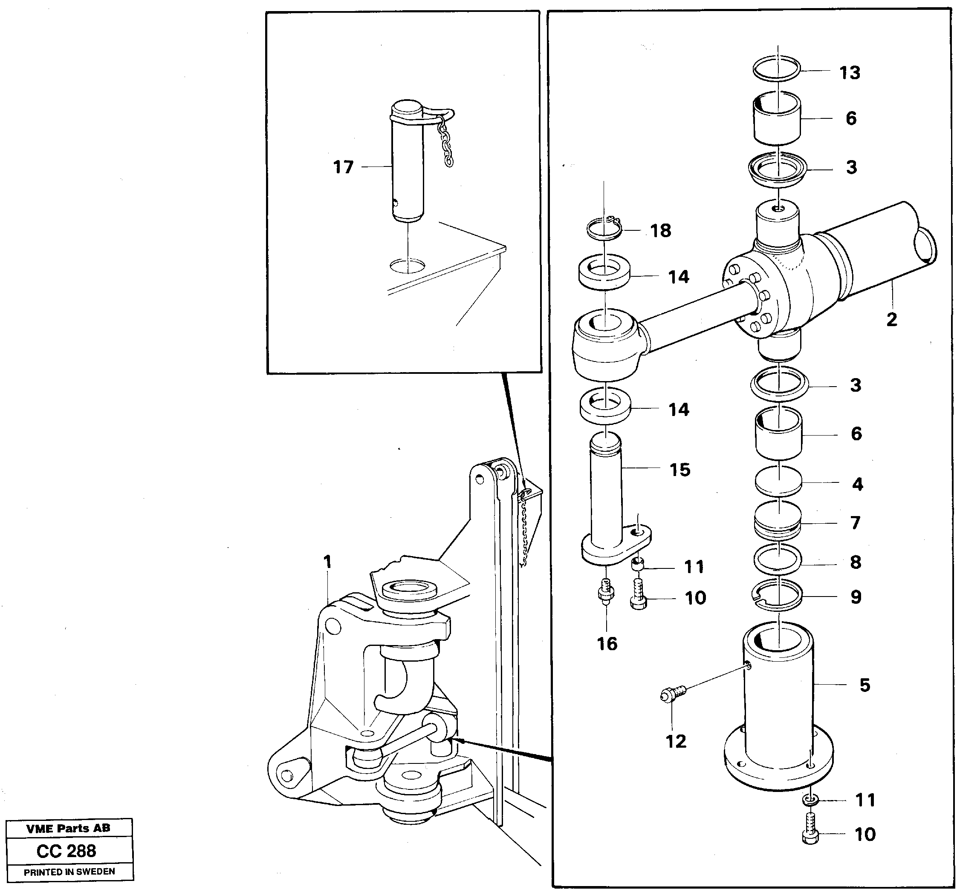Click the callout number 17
coord(343,167)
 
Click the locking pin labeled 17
coord(408,168)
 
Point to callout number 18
coord(660,231)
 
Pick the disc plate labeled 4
coord(778,482)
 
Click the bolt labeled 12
coord(673,694)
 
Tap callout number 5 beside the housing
coord(864,686)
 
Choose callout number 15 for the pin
coord(680,470)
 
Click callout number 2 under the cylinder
coord(891,320)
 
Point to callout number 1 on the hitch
coord(328,561)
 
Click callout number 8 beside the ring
coord(856,562)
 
